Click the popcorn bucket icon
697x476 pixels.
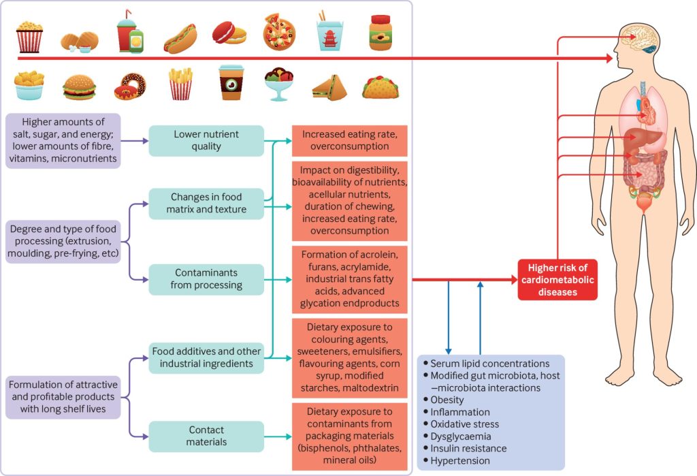click(29, 35)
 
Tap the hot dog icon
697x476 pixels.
click(180, 39)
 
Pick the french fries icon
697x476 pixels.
click(180, 84)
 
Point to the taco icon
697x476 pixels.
click(380, 86)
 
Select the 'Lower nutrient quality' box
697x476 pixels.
click(206, 140)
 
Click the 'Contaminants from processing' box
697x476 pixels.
click(206, 279)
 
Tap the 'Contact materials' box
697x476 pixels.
click(206, 436)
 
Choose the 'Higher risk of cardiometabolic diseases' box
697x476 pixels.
click(557, 279)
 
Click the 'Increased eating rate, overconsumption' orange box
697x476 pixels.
click(350, 140)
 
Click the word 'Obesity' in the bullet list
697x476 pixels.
click(447, 400)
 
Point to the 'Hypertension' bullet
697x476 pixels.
click(459, 460)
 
